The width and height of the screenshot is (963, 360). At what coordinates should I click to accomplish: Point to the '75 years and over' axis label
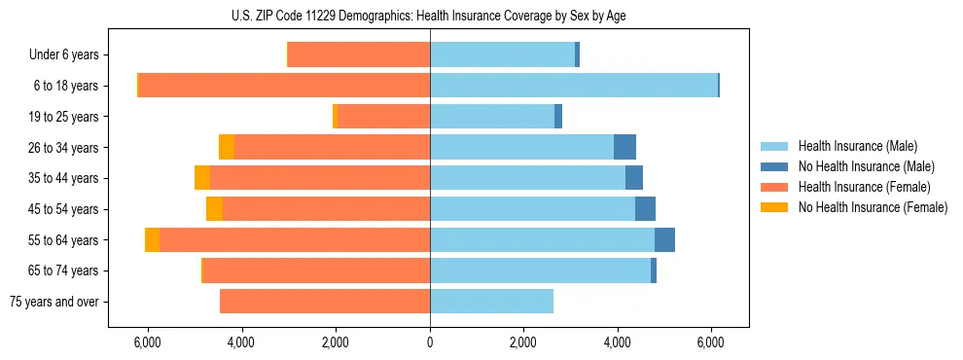tap(54, 302)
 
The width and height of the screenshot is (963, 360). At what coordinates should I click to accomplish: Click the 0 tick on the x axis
tap(430, 343)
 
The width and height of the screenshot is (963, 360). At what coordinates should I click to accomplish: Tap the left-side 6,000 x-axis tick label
tap(147, 343)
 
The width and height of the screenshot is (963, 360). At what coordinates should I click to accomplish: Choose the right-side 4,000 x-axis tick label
tap(618, 343)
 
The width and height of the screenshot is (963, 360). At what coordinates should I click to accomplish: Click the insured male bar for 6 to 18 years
tap(574, 86)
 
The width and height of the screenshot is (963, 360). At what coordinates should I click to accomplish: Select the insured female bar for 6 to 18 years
tap(284, 86)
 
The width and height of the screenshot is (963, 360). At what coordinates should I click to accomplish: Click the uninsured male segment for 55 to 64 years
tap(664, 239)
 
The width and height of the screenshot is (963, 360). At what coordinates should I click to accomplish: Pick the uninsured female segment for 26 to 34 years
tap(226, 147)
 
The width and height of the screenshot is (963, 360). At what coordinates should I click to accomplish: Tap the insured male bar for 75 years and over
tap(491, 302)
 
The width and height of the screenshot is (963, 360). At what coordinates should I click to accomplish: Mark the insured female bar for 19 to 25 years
tap(383, 117)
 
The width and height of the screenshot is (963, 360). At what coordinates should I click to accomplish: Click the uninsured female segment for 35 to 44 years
tap(202, 178)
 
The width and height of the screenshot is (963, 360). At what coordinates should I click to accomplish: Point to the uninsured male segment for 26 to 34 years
tap(624, 147)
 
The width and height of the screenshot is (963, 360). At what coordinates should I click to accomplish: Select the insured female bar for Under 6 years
tap(359, 55)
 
